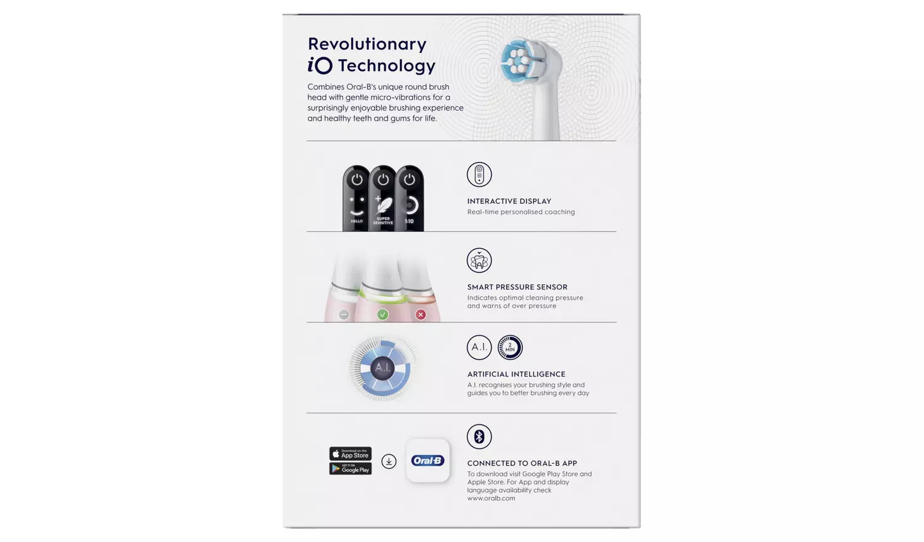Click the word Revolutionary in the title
[x=367, y=44]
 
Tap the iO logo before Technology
[x=320, y=65]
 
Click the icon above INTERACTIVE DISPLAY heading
[x=479, y=174]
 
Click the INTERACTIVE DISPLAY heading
[x=509, y=201]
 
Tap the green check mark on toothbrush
[x=383, y=315]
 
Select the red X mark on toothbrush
[x=421, y=315]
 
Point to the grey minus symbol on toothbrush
[x=344, y=315]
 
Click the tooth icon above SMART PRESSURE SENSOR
[x=479, y=261]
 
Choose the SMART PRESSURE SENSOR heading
[x=517, y=287]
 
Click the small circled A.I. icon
[x=479, y=347]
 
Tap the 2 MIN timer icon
[x=510, y=347]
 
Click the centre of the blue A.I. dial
[x=383, y=368]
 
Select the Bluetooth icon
[x=479, y=437]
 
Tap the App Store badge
[x=350, y=454]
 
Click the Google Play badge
[x=350, y=469]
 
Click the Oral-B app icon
[x=428, y=461]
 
